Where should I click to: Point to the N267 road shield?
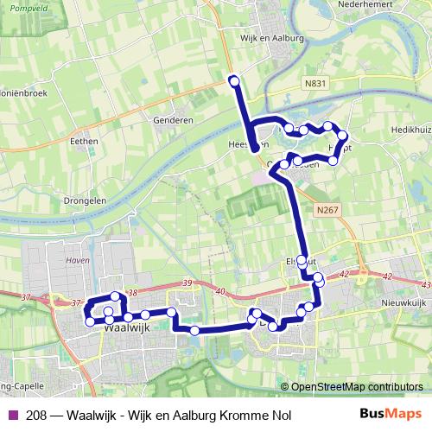point(327,210)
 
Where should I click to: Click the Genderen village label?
point(176,120)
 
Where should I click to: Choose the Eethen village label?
point(85,139)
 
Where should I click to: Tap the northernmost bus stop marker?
point(234,80)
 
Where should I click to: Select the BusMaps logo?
point(390,415)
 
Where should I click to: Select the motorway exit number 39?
point(188,283)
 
